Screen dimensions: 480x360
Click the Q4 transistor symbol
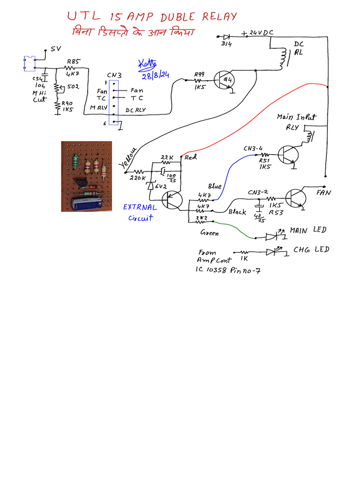(x=224, y=80)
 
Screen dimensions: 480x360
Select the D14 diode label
(x=226, y=44)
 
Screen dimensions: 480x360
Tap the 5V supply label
(x=56, y=49)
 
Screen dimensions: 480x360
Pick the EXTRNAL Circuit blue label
(x=140, y=212)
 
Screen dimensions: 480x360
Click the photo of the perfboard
(x=87, y=176)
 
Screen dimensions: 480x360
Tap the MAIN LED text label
(x=307, y=231)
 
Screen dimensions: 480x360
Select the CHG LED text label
(x=311, y=249)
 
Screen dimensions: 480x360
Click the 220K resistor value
(x=138, y=179)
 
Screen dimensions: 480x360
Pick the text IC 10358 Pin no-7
(x=227, y=270)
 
